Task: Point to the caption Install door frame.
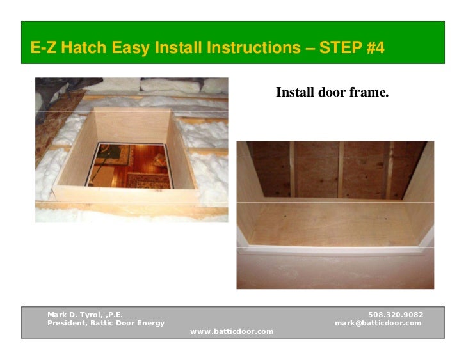click(x=332, y=93)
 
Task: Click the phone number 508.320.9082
click(x=396, y=315)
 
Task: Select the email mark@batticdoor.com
click(x=378, y=323)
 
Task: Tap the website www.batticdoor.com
click(x=232, y=331)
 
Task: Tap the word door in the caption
click(x=332, y=93)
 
